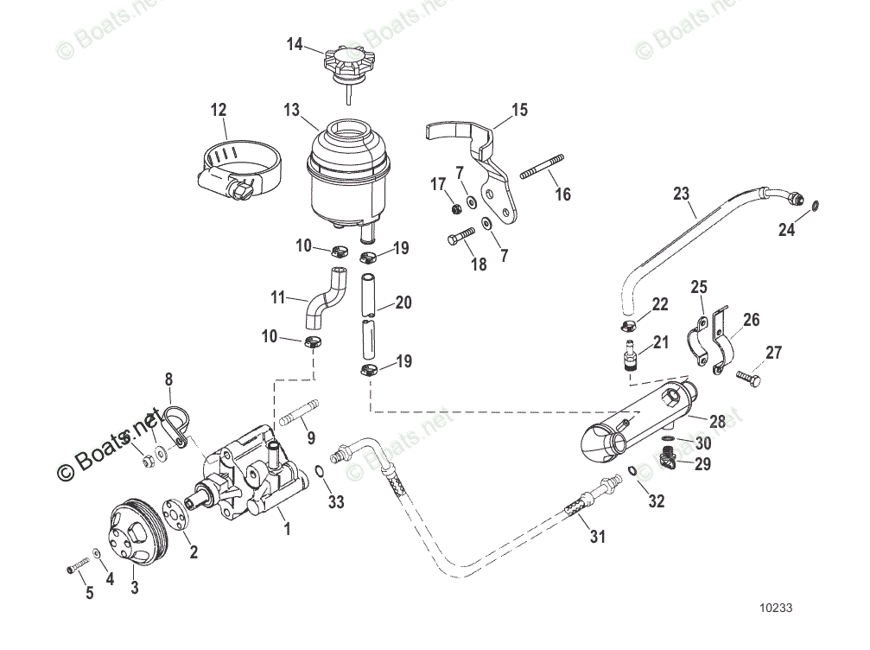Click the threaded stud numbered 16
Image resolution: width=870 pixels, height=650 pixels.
pos(540,168)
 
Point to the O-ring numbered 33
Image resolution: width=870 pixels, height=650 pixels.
pos(320,471)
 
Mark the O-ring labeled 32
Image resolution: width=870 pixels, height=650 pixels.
pos(634,471)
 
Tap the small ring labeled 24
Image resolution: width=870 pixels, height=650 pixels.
pos(816,206)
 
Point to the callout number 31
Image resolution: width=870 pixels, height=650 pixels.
pos(597,537)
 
